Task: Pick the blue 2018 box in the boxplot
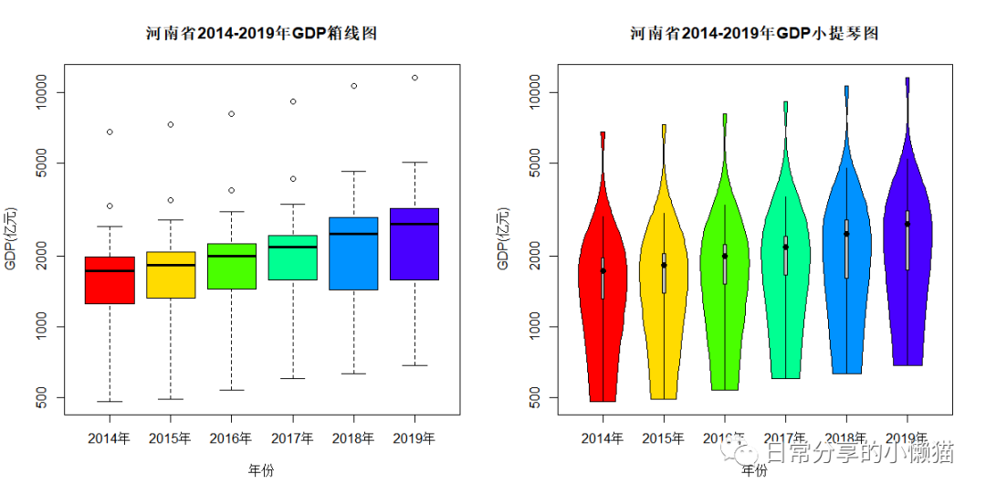coord(353,261)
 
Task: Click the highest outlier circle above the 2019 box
coord(414,78)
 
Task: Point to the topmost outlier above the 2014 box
coord(110,132)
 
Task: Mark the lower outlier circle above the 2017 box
coord(293,179)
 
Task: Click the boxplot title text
coord(262,34)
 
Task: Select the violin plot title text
coord(754,34)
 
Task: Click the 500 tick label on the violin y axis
coord(543,397)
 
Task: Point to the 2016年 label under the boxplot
coord(231,438)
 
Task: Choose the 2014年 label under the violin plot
coord(603,438)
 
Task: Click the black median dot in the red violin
coord(603,270)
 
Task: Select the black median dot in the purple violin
coord(907,224)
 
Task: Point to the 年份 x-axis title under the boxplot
coord(261,470)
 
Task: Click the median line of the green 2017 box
coord(293,247)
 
